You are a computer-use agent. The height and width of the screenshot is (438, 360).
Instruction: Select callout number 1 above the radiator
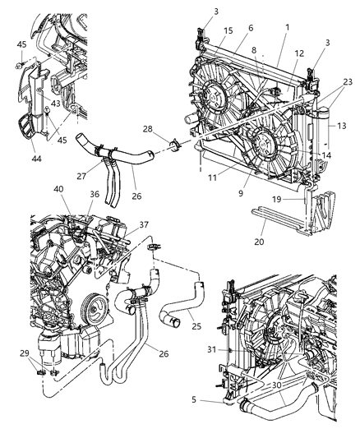pos(287,26)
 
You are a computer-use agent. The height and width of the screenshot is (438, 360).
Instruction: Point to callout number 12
pos(299,53)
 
